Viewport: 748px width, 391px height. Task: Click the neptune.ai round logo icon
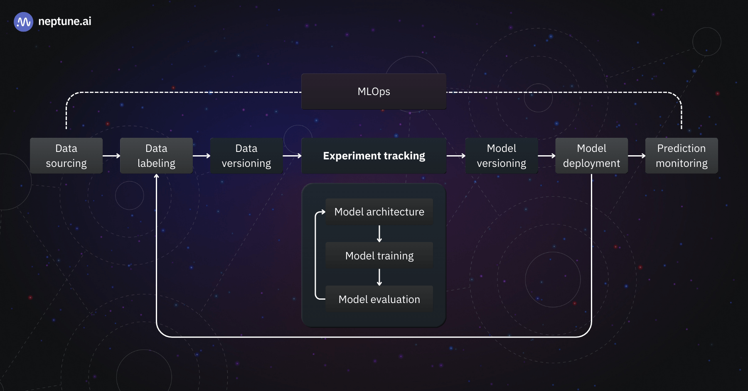[23, 22]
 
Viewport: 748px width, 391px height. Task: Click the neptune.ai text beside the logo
[64, 22]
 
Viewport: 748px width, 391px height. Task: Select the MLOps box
[374, 91]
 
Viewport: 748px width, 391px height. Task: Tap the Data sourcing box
[66, 156]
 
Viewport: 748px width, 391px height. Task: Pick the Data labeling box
[156, 156]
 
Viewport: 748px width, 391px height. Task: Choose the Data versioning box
[246, 156]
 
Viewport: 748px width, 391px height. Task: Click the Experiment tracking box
[374, 156]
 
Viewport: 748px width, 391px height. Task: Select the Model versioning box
[501, 156]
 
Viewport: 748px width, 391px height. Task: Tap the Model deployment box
[591, 156]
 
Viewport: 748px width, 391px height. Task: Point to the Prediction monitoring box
[682, 156]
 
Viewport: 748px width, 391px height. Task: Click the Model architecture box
[379, 212]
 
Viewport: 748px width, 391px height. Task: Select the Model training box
[379, 256]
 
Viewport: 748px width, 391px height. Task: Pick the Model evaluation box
[379, 299]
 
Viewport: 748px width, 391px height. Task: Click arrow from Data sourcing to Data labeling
[111, 156]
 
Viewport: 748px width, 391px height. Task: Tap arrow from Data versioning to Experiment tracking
[292, 156]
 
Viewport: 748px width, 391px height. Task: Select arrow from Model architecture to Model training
[379, 234]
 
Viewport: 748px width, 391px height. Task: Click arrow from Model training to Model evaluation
[379, 277]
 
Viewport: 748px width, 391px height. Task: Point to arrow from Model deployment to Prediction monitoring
[637, 156]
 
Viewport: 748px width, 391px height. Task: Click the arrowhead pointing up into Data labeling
[156, 177]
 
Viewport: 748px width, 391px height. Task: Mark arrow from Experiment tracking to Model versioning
[456, 156]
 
